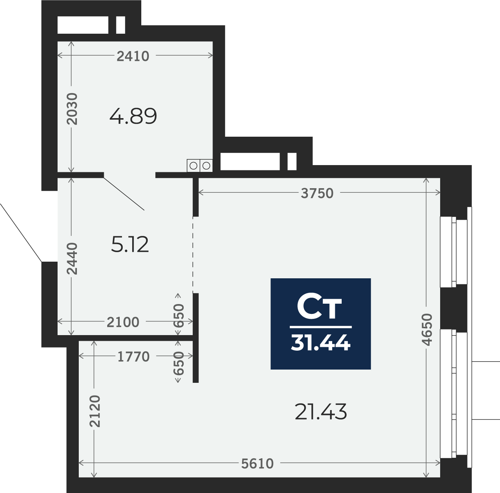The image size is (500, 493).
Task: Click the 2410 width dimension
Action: tap(133, 56)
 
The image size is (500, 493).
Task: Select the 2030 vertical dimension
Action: tap(72, 109)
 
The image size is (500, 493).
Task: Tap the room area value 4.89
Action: tap(133, 116)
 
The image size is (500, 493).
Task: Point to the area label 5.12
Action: tap(130, 244)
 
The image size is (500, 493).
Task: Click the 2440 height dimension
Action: tap(72, 258)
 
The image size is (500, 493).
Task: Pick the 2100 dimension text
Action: tap(123, 322)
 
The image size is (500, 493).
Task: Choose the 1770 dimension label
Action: tap(133, 357)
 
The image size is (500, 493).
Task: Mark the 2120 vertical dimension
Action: tap(95, 411)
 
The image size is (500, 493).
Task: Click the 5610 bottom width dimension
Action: tap(258, 463)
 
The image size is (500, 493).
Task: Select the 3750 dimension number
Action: tap(317, 193)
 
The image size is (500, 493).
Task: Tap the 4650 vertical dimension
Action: tap(427, 329)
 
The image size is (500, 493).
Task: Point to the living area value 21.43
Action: tap(320, 412)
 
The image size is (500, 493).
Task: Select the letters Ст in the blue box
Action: tap(319, 307)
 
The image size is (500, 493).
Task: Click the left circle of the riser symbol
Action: tap(193, 165)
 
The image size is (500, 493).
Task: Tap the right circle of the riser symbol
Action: tap(206, 165)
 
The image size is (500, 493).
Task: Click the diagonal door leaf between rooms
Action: tap(124, 193)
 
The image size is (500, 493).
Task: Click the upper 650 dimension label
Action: tap(178, 315)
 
